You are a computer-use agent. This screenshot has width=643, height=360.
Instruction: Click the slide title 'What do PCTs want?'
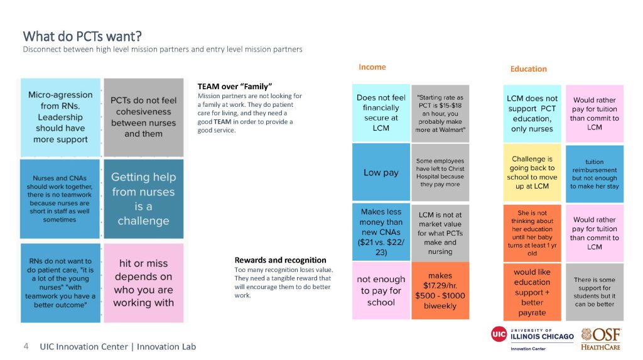[82, 36]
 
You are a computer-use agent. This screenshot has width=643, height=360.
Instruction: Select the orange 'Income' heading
[372, 67]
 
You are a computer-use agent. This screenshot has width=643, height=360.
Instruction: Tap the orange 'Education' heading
[528, 68]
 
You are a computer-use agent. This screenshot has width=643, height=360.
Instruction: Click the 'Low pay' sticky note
[381, 172]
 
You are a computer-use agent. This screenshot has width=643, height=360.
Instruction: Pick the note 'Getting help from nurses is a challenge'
[144, 199]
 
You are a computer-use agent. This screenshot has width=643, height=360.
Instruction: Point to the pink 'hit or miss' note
[144, 283]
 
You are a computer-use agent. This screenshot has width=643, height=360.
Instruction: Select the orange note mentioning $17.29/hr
[440, 291]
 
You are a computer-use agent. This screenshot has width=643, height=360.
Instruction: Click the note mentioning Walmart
[440, 113]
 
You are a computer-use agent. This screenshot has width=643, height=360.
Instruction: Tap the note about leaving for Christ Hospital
[440, 172]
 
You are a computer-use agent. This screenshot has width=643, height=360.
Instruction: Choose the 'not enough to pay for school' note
[381, 291]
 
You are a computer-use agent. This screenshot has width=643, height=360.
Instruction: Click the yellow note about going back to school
[532, 172]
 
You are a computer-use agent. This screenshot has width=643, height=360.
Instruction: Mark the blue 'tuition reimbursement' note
[595, 173]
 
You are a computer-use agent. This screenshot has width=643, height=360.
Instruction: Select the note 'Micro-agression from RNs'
[60, 117]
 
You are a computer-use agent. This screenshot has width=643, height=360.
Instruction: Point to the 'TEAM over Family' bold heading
[235, 86]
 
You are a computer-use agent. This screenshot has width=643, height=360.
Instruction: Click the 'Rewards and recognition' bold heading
[281, 260]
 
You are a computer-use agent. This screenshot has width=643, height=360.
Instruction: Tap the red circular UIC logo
[499, 334]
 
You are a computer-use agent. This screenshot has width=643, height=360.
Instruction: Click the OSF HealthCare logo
[601, 339]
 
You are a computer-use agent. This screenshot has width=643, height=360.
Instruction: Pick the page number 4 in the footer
[26, 346]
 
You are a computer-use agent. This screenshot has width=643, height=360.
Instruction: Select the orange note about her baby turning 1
[532, 232]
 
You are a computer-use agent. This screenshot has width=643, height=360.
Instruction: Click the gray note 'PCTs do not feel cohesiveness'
[144, 117]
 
